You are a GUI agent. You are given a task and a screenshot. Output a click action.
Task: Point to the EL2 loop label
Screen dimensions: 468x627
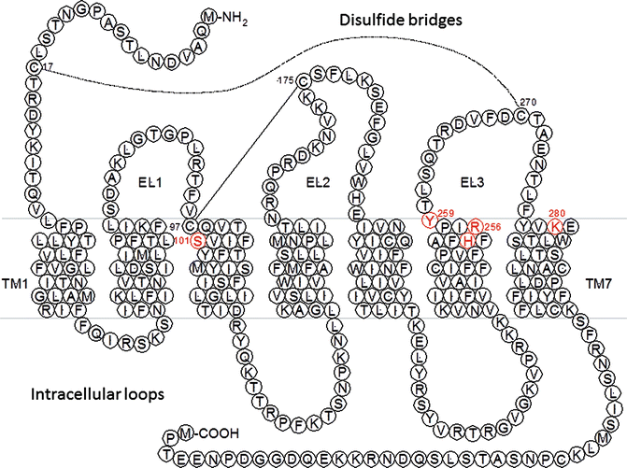coord(320,184)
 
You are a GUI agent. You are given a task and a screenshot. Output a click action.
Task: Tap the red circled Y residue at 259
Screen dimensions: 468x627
coord(429,221)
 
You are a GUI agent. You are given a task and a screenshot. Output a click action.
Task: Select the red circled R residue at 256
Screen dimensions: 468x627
coord(475,225)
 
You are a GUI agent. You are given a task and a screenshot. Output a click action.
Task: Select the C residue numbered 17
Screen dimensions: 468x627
coord(34,67)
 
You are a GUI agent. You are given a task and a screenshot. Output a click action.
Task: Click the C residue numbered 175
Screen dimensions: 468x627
coord(304,84)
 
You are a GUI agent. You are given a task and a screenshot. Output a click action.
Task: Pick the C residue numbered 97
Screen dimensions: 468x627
coord(191,225)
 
